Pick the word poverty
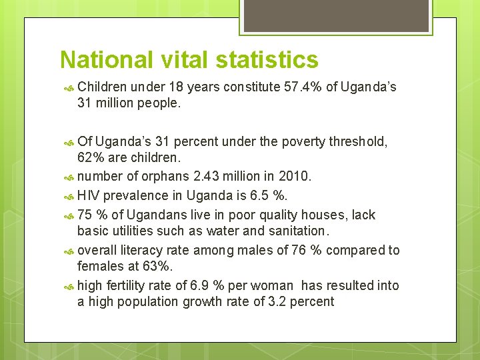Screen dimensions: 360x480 click(x=306, y=141)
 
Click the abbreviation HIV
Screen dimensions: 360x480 click(x=89, y=196)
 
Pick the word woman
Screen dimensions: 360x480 click(x=271, y=285)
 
